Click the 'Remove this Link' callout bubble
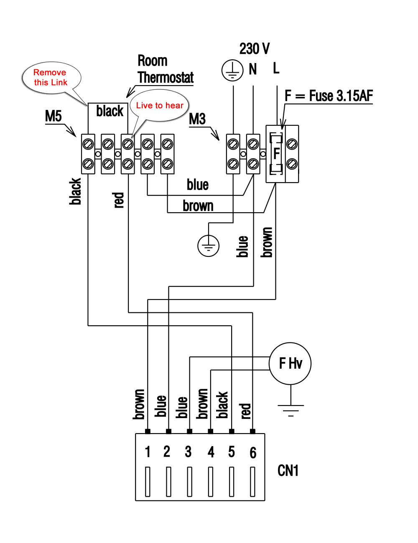(x=51, y=78)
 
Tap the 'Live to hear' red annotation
(x=160, y=105)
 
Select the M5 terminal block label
(x=53, y=116)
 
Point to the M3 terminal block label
(x=197, y=119)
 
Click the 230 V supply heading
(x=255, y=48)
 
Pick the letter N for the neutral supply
(x=253, y=69)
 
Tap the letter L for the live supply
(x=276, y=68)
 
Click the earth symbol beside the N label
(x=232, y=70)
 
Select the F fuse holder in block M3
(x=276, y=153)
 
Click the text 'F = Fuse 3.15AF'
(x=329, y=96)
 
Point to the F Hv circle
(x=290, y=363)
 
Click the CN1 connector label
(x=288, y=471)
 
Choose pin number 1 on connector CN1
(x=148, y=452)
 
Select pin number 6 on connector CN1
(x=253, y=452)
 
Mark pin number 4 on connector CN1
(x=211, y=452)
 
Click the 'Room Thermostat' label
(x=166, y=69)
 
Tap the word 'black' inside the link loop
(x=110, y=111)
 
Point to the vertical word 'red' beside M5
(x=118, y=200)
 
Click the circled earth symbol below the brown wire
(x=208, y=246)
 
